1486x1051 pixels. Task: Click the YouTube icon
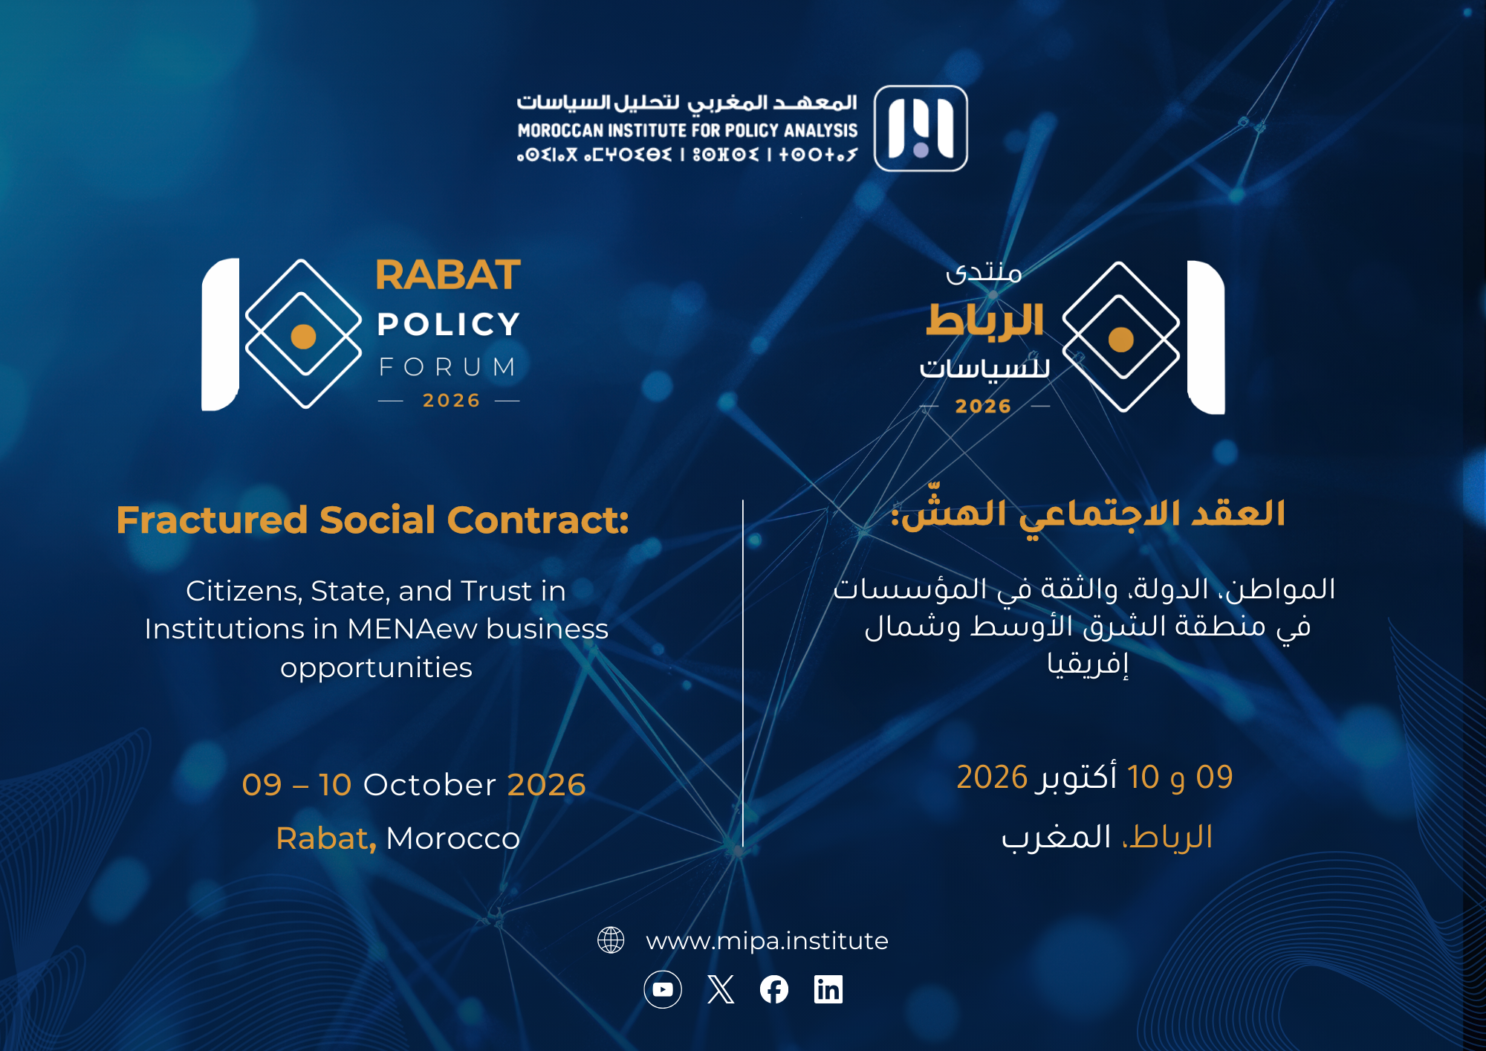click(x=663, y=989)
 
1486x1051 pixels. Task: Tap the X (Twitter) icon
click(x=721, y=989)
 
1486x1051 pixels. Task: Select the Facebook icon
click(x=774, y=989)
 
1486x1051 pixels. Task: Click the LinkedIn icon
click(x=828, y=989)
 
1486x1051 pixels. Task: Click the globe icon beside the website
click(x=611, y=940)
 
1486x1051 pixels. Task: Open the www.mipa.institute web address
click(x=767, y=941)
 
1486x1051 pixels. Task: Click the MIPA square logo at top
click(x=921, y=129)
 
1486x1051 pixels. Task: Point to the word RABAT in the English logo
click(x=448, y=275)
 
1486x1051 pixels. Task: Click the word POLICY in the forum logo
click(x=448, y=324)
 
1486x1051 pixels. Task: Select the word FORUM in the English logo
click(x=448, y=366)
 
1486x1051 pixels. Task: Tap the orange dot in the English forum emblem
click(x=303, y=337)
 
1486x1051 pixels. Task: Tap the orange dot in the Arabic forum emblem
click(x=1121, y=340)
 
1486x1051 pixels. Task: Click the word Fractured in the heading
click(x=212, y=520)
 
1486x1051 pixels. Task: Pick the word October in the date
click(x=429, y=785)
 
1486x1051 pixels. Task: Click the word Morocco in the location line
click(x=452, y=838)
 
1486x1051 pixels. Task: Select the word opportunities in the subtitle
click(x=376, y=668)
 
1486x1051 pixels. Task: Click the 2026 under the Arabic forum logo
click(x=983, y=406)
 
